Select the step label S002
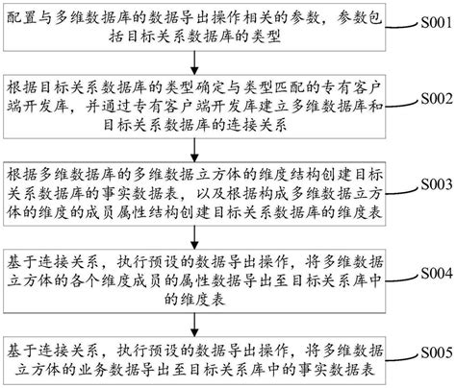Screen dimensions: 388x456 [x=433, y=100]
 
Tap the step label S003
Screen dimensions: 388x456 [x=433, y=182]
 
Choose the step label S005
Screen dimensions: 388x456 [x=433, y=353]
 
